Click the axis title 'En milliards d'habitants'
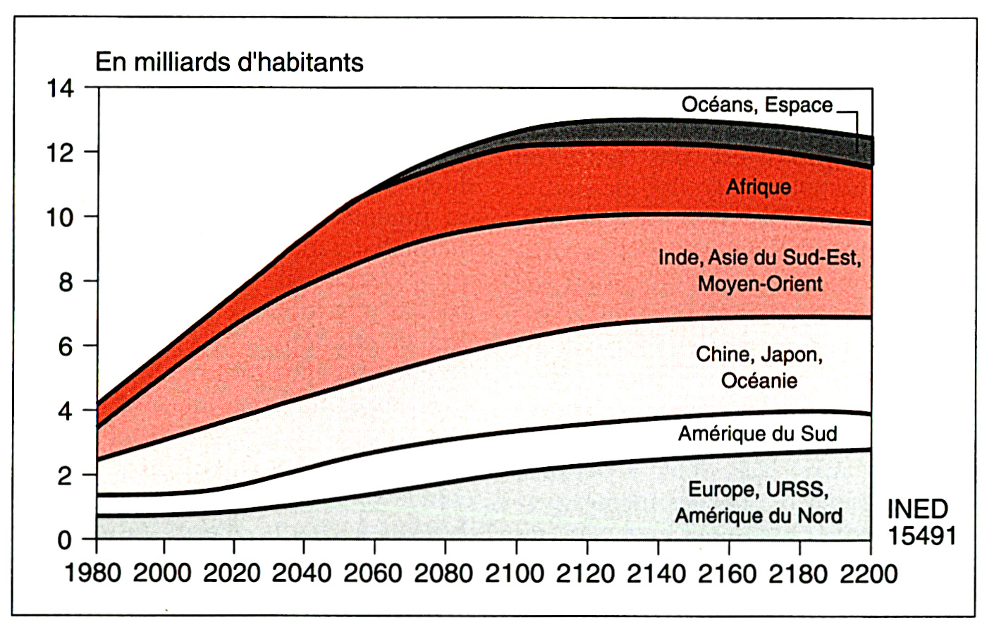[229, 62]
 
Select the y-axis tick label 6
[65, 346]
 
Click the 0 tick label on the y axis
[65, 540]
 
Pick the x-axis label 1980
[92, 573]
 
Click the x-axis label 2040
[302, 573]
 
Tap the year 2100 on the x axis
[515, 573]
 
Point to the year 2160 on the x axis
[728, 573]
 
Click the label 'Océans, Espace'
[757, 105]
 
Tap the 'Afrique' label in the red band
[759, 188]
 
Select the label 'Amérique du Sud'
[757, 433]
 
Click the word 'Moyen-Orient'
[760, 284]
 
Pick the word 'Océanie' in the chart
[759, 381]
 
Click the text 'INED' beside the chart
[917, 509]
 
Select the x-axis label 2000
[162, 573]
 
